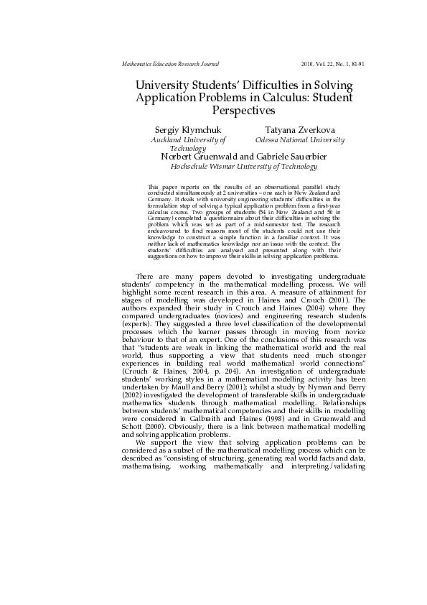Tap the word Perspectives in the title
coord(244,111)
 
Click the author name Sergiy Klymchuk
coord(183,130)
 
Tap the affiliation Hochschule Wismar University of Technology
coord(243,166)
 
